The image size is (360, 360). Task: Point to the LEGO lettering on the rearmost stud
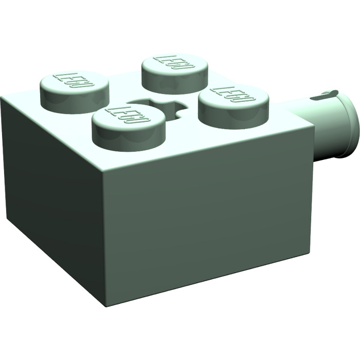coord(175,63)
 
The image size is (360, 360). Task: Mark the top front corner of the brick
coord(103,167)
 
